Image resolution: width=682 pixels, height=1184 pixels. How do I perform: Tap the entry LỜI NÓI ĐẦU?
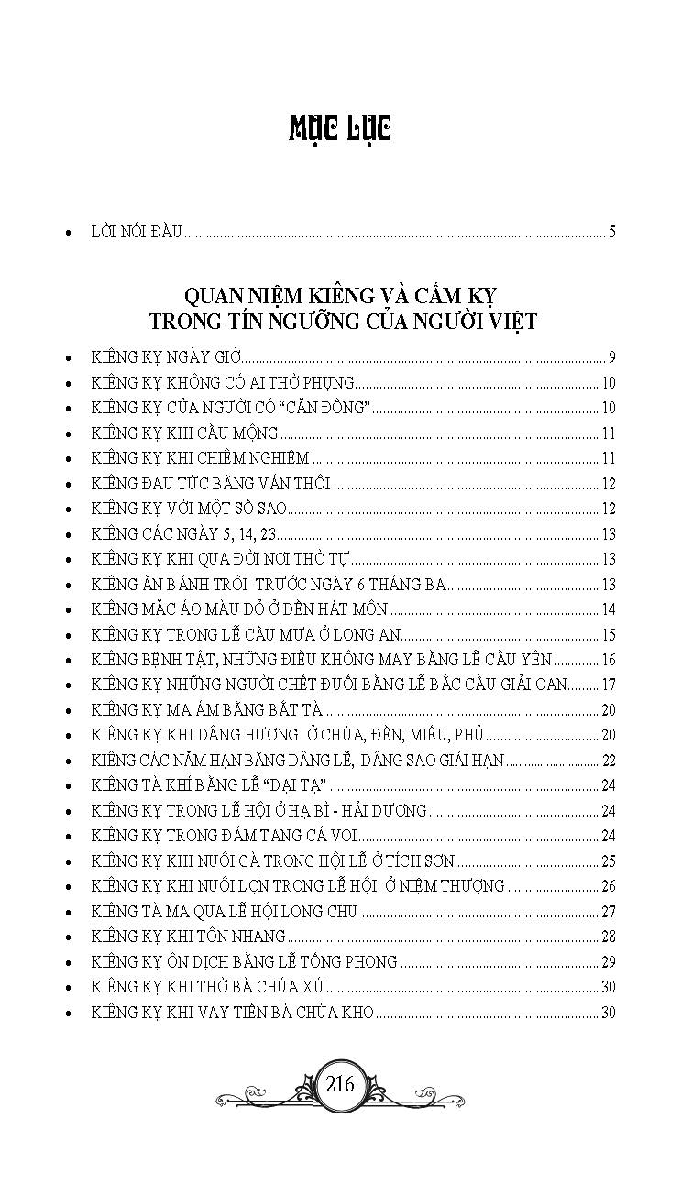[x=138, y=232]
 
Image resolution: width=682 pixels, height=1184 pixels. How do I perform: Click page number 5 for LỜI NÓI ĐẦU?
[x=611, y=232]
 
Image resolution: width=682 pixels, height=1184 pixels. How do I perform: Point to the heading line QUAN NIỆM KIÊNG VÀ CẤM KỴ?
[x=340, y=296]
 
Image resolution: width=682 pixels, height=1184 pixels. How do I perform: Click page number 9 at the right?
[x=611, y=357]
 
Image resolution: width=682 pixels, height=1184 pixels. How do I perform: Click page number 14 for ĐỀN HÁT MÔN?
[x=608, y=610]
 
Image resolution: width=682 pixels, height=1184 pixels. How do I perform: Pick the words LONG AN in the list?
[x=373, y=635]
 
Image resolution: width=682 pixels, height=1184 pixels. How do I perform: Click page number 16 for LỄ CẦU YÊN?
[x=608, y=661]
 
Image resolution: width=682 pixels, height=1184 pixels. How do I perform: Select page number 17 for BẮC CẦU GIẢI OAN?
[x=608, y=685]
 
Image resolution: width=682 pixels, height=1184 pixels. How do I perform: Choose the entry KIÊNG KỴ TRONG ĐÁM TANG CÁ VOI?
[x=225, y=836]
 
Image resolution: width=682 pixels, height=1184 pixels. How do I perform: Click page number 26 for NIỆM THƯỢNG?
[x=608, y=886]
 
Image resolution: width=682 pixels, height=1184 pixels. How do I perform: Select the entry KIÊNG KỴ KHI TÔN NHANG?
[x=189, y=937]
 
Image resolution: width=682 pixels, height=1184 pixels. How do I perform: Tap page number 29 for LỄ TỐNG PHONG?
[x=608, y=962]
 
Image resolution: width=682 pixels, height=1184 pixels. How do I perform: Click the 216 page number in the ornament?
[x=339, y=1084]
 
